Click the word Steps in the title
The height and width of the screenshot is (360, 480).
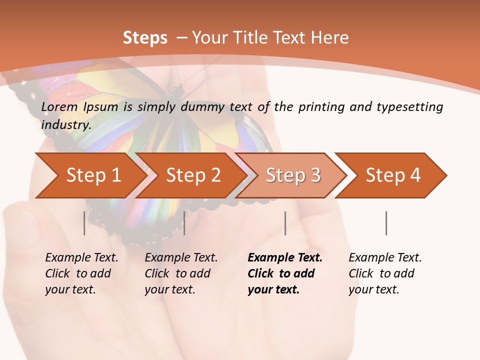145,38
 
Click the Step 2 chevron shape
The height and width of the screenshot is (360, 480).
192,175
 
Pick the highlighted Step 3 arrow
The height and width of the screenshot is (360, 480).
292,175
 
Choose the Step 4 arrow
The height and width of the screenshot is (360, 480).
392,175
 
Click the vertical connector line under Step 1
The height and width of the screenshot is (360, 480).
84,223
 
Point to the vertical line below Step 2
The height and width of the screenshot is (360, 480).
184,223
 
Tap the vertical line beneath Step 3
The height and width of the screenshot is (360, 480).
285,223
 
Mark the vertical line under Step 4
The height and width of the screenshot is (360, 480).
386,223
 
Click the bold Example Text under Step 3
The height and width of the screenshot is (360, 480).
285,258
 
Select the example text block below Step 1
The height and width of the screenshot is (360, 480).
81,273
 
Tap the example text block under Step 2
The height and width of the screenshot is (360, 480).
181,273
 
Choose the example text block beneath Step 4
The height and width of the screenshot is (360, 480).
385,273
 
